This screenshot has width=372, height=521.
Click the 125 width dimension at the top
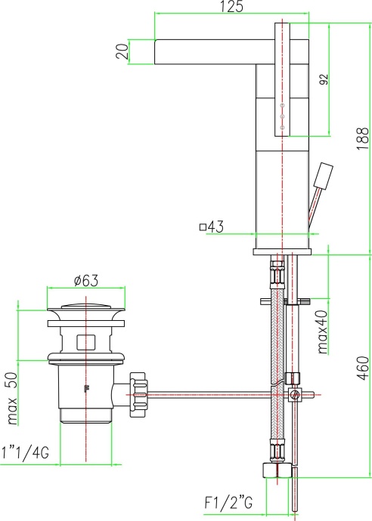tap(233, 7)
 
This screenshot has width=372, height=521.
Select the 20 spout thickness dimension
tap(120, 51)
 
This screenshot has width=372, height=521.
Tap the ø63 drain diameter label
tap(86, 281)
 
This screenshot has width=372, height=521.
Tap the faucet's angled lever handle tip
tap(327, 173)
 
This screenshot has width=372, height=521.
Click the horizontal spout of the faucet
tap(204, 51)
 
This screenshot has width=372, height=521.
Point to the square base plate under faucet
tap(282, 250)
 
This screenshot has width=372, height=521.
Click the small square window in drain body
tap(85, 341)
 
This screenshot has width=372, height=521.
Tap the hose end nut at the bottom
tap(276, 468)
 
